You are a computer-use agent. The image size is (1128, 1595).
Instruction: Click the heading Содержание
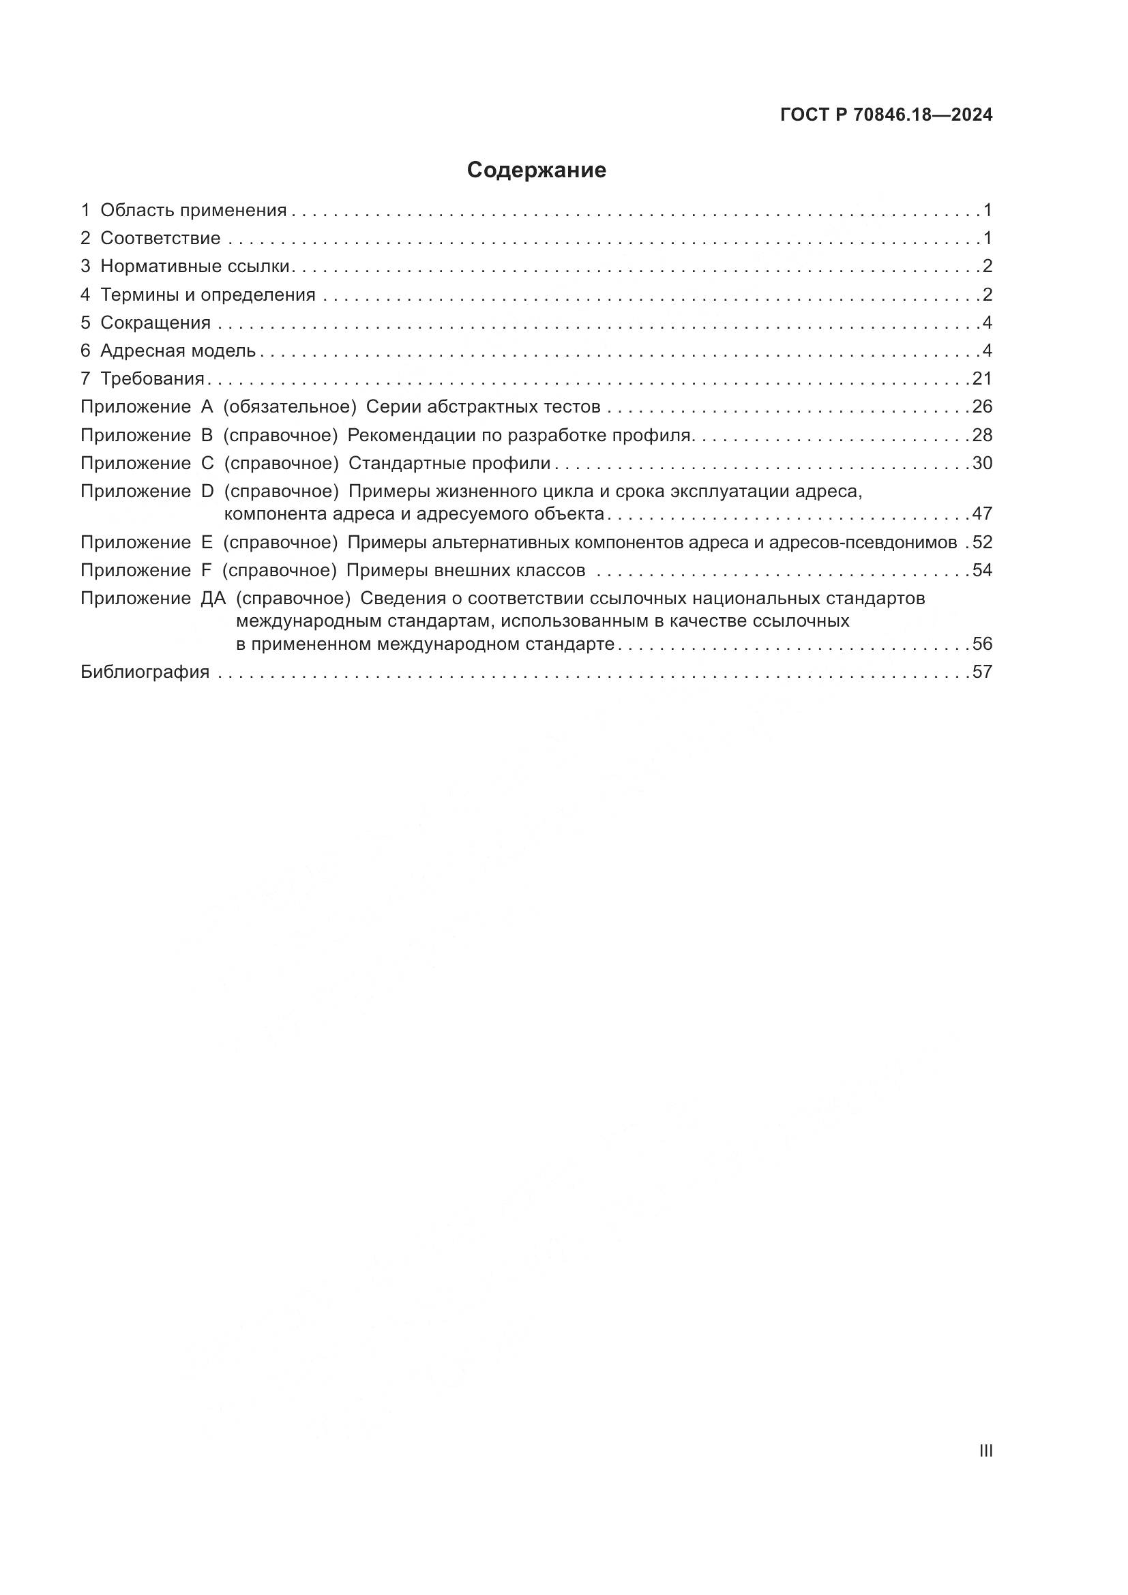[x=536, y=170]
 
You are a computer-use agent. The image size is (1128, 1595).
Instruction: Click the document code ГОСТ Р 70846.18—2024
[x=887, y=115]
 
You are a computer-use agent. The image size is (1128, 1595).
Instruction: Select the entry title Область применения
[x=193, y=211]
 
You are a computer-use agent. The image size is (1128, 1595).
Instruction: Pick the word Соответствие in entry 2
[x=160, y=238]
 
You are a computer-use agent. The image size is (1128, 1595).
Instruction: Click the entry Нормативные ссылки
[x=194, y=266]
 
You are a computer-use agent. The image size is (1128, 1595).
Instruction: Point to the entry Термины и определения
[x=208, y=295]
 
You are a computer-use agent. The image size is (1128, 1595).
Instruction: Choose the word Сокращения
[x=155, y=323]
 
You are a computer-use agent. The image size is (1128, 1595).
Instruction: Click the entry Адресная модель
[x=178, y=351]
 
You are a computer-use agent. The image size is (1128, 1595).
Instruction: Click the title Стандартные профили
[x=449, y=463]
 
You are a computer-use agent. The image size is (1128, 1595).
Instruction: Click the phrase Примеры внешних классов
[x=465, y=570]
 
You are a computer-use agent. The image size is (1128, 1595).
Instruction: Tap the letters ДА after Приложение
[x=213, y=598]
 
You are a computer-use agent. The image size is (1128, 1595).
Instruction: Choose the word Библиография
[x=145, y=672]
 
